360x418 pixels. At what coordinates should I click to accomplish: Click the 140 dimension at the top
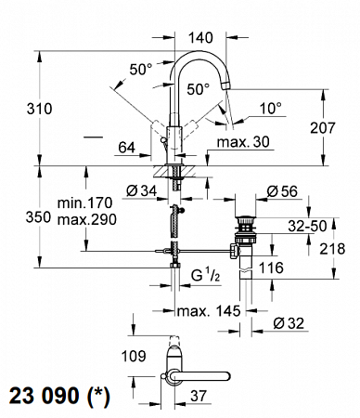(200, 38)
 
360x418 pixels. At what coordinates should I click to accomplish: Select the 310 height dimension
(39, 109)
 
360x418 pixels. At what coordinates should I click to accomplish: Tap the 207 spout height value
(323, 127)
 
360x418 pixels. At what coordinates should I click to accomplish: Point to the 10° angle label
(271, 109)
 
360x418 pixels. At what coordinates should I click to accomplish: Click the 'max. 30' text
(243, 142)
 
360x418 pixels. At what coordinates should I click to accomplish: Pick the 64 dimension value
(127, 148)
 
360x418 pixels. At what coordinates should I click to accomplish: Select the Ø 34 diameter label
(142, 190)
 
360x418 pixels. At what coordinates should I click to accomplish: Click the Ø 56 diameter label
(282, 191)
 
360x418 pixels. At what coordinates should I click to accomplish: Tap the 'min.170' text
(84, 203)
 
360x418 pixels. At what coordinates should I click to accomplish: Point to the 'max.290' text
(87, 219)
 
